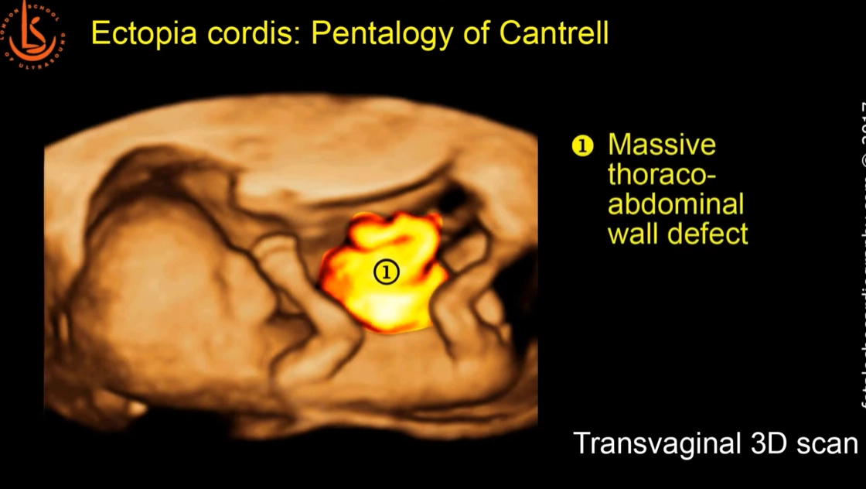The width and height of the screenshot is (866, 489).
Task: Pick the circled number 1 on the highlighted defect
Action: pyautogui.click(x=386, y=272)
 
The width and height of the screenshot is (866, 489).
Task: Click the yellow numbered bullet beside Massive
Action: pyautogui.click(x=582, y=145)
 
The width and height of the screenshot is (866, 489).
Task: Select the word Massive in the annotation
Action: pyautogui.click(x=662, y=145)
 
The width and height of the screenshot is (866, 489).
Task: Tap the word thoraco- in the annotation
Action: pyautogui.click(x=662, y=175)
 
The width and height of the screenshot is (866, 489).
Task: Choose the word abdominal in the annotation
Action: pyautogui.click(x=676, y=204)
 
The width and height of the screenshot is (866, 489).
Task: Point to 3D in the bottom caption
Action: pyautogui.click(x=766, y=444)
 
